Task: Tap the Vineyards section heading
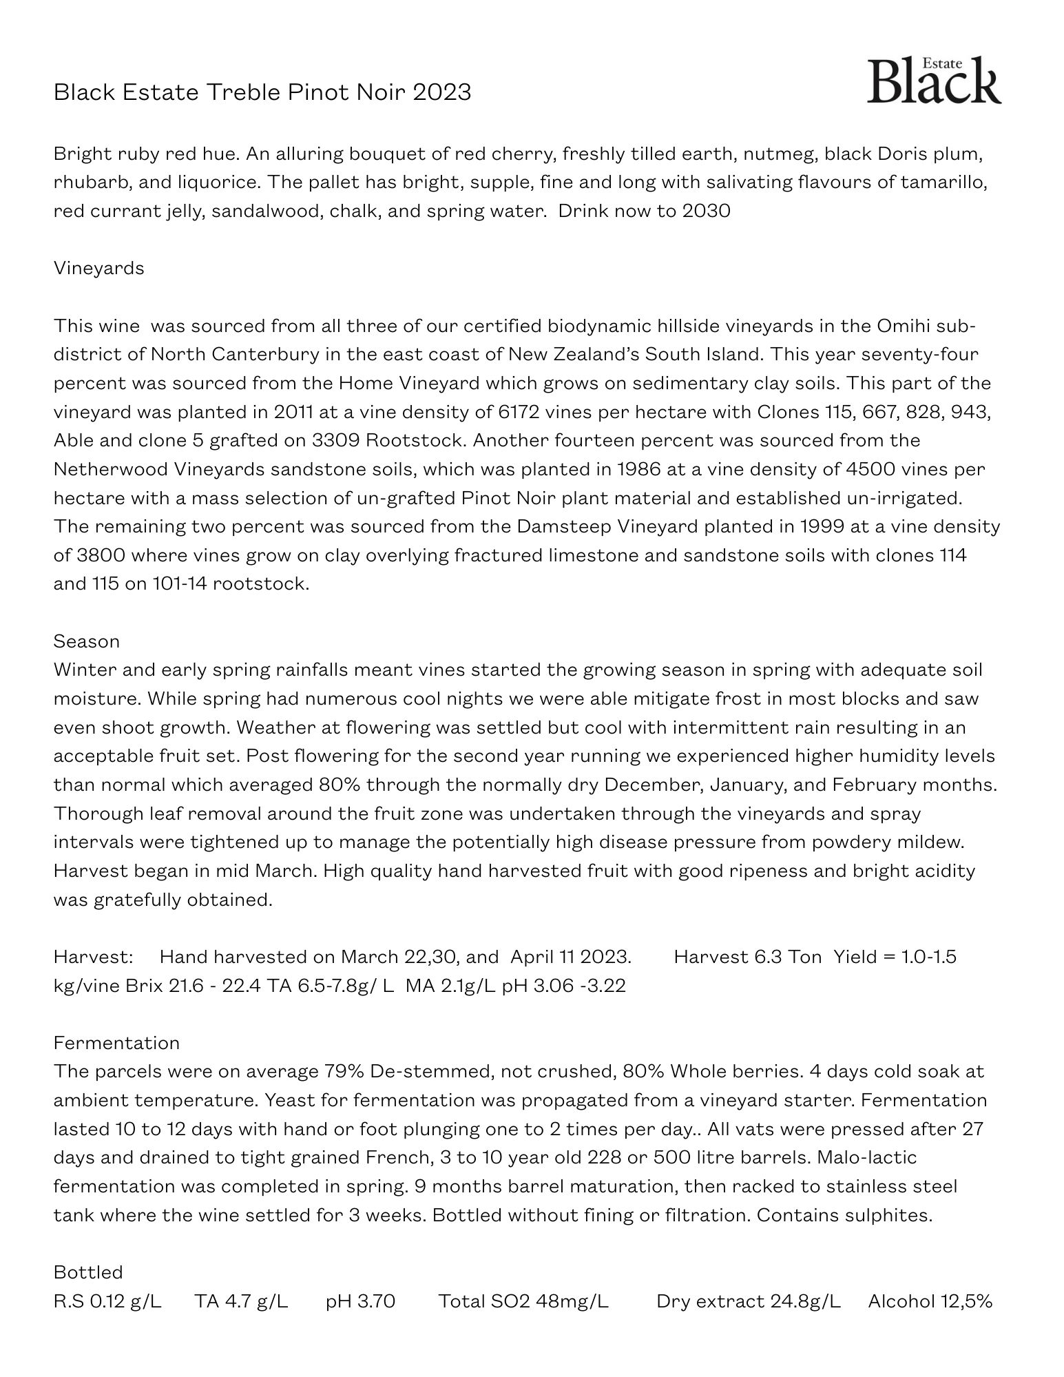99,268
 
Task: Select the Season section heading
87,641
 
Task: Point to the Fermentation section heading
116,1043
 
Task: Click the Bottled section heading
88,1272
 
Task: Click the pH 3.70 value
360,1301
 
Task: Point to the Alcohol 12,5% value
930,1301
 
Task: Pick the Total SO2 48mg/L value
523,1301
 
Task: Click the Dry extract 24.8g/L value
749,1301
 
